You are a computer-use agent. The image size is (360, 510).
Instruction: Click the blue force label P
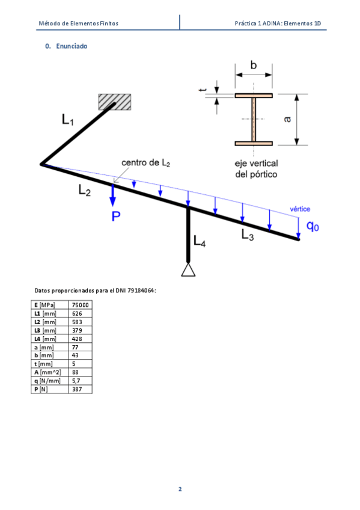click(x=116, y=217)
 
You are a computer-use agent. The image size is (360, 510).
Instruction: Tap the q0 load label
click(x=313, y=226)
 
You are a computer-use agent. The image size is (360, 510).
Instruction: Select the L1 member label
click(x=67, y=120)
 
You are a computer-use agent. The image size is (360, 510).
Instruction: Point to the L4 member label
click(x=200, y=241)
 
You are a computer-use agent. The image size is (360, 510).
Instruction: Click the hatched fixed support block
click(x=115, y=102)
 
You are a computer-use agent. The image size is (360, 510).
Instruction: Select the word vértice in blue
click(x=300, y=209)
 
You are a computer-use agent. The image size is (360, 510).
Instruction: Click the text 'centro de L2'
click(x=145, y=162)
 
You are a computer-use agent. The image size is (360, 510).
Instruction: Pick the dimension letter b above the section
click(x=254, y=66)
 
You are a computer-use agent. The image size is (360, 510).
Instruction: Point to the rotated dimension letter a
click(x=287, y=119)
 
